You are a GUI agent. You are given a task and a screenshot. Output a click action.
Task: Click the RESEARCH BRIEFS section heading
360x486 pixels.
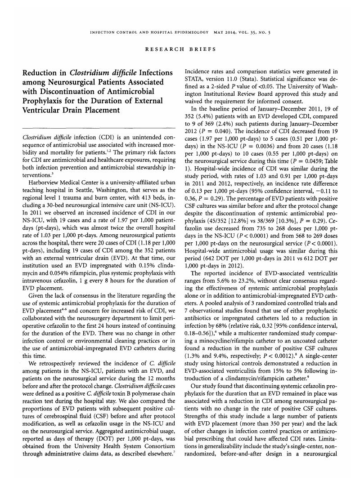point(180,49)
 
